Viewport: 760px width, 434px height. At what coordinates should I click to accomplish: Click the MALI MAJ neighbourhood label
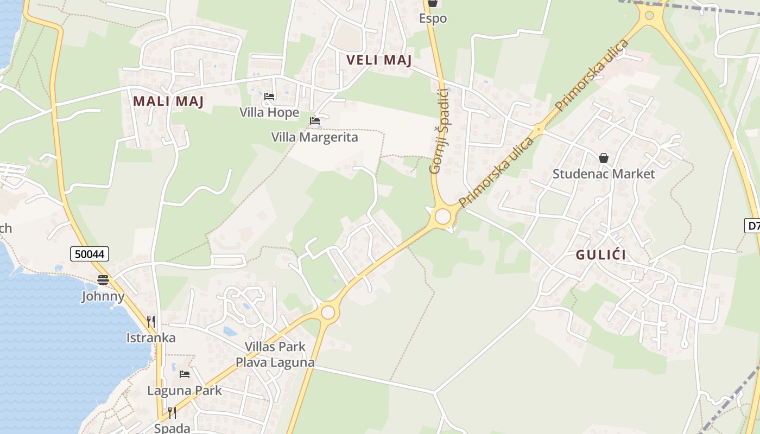[x=168, y=101]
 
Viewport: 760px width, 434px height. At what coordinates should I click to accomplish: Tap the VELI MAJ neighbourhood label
[x=379, y=60]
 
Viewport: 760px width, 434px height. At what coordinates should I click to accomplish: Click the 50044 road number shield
[x=90, y=253]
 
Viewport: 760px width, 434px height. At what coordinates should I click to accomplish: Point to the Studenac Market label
[x=604, y=174]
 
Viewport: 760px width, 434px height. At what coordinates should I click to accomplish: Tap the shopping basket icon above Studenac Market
[x=604, y=158]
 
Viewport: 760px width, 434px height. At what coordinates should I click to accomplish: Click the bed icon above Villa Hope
[x=269, y=97]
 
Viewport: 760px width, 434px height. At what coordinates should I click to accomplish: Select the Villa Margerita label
[x=315, y=137]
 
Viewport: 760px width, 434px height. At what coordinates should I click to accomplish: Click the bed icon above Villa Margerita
[x=315, y=121]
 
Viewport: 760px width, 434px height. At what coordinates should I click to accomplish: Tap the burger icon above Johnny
[x=103, y=280]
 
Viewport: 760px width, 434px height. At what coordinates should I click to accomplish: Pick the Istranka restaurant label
[x=151, y=338]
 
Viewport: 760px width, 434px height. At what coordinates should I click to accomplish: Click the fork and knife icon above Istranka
[x=151, y=321]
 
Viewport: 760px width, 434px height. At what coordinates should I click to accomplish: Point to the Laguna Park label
[x=185, y=391]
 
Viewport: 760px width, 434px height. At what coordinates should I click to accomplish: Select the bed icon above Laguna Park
[x=185, y=374]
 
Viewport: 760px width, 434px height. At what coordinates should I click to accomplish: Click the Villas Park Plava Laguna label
[x=275, y=354]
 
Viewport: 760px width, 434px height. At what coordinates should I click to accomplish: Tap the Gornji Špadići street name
[x=438, y=131]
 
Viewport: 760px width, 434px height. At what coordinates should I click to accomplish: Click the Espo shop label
[x=433, y=18]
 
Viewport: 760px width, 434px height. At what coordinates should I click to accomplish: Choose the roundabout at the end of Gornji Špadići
[x=443, y=216]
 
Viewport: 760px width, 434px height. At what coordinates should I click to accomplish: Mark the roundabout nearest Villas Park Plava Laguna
[x=328, y=312]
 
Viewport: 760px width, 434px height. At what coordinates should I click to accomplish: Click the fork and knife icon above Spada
[x=172, y=413]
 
